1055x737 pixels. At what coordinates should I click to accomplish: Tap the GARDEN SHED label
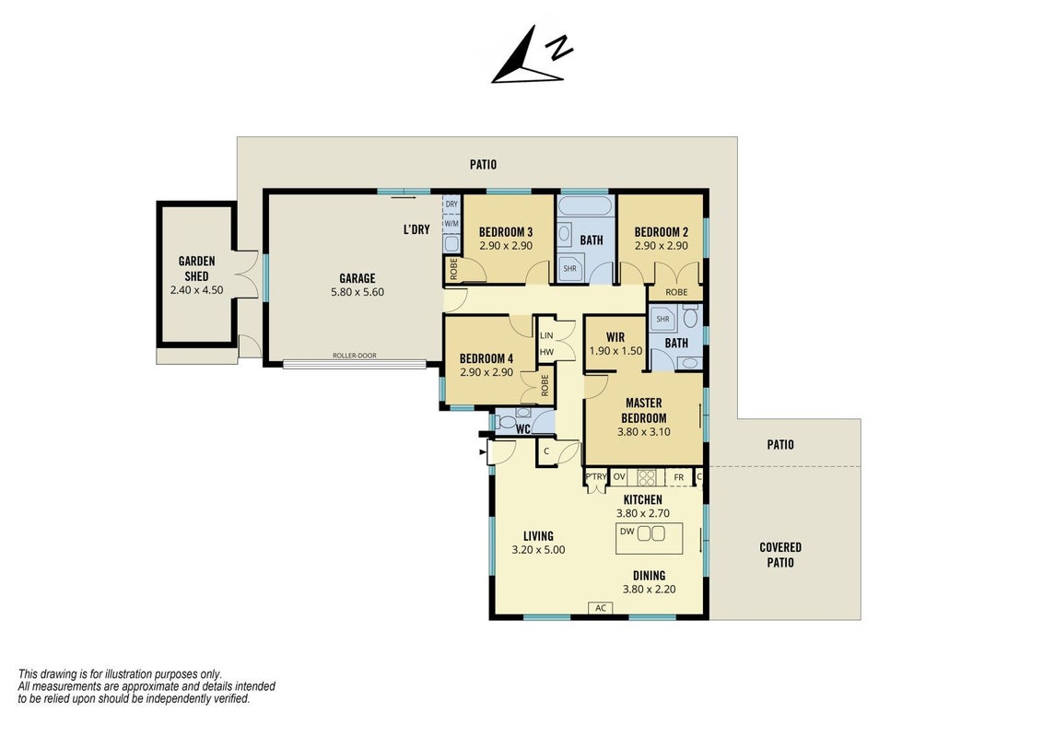[x=196, y=268]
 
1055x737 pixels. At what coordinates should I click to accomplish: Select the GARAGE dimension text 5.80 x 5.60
[x=358, y=293]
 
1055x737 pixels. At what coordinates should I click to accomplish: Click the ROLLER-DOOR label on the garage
[x=355, y=356]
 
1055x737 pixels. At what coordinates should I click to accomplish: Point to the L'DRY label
[x=416, y=229]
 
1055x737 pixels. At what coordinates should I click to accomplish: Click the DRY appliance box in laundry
[x=451, y=204]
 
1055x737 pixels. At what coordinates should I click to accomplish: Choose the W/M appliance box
[x=451, y=223]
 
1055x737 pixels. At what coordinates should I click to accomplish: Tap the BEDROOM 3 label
[x=506, y=233]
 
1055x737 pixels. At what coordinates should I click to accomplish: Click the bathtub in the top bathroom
[x=585, y=206]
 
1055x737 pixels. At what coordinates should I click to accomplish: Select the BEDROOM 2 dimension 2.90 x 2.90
[x=662, y=246]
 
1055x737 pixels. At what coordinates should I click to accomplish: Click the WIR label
[x=615, y=337]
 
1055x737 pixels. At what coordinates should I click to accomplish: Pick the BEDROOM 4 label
[x=486, y=359]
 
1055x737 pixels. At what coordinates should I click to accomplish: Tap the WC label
[x=523, y=429]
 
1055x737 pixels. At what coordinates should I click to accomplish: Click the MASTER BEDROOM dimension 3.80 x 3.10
[x=644, y=432]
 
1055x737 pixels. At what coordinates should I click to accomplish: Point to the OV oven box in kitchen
[x=620, y=477]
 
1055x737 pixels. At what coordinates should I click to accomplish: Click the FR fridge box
[x=679, y=477]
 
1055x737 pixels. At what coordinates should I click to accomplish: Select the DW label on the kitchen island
[x=627, y=532]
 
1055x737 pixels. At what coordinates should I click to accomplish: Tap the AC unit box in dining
[x=601, y=608]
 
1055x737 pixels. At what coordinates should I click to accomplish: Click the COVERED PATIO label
[x=780, y=555]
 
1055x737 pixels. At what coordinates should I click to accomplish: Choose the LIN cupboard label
[x=546, y=335]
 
